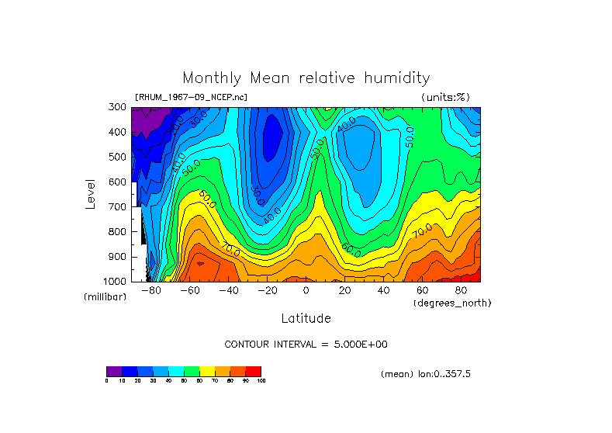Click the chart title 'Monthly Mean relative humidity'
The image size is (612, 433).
(306, 78)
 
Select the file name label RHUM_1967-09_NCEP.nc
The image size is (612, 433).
(191, 97)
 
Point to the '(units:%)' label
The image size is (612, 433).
(445, 97)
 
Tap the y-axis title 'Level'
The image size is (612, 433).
(91, 193)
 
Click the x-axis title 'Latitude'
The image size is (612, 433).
(306, 318)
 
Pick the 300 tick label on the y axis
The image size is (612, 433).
(118, 108)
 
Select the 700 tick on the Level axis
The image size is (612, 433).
(118, 207)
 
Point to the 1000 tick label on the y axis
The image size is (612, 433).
(116, 281)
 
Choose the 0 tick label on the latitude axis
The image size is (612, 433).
(306, 290)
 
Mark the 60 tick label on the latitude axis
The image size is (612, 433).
(422, 290)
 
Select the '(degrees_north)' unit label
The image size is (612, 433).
(453, 302)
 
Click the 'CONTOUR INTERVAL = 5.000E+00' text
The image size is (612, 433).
(306, 344)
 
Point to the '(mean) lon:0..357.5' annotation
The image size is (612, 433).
(426, 374)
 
